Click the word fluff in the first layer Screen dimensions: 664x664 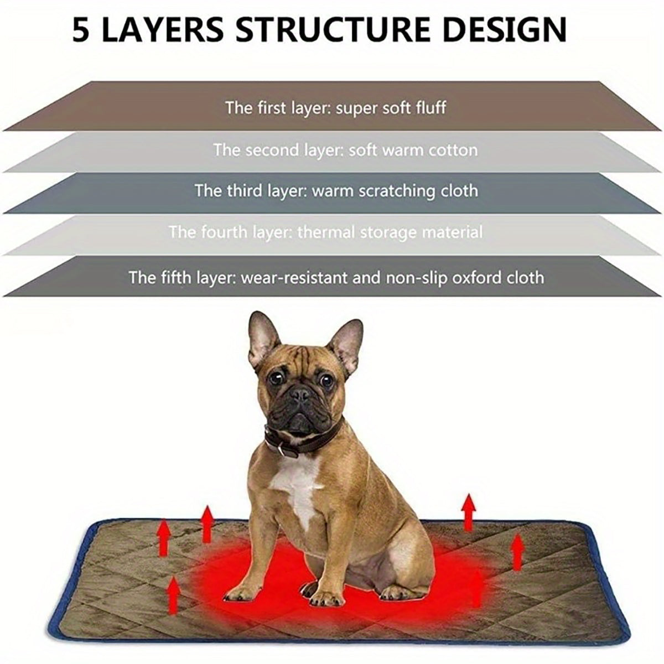[x=430, y=107]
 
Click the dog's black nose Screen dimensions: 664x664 [x=301, y=395]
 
